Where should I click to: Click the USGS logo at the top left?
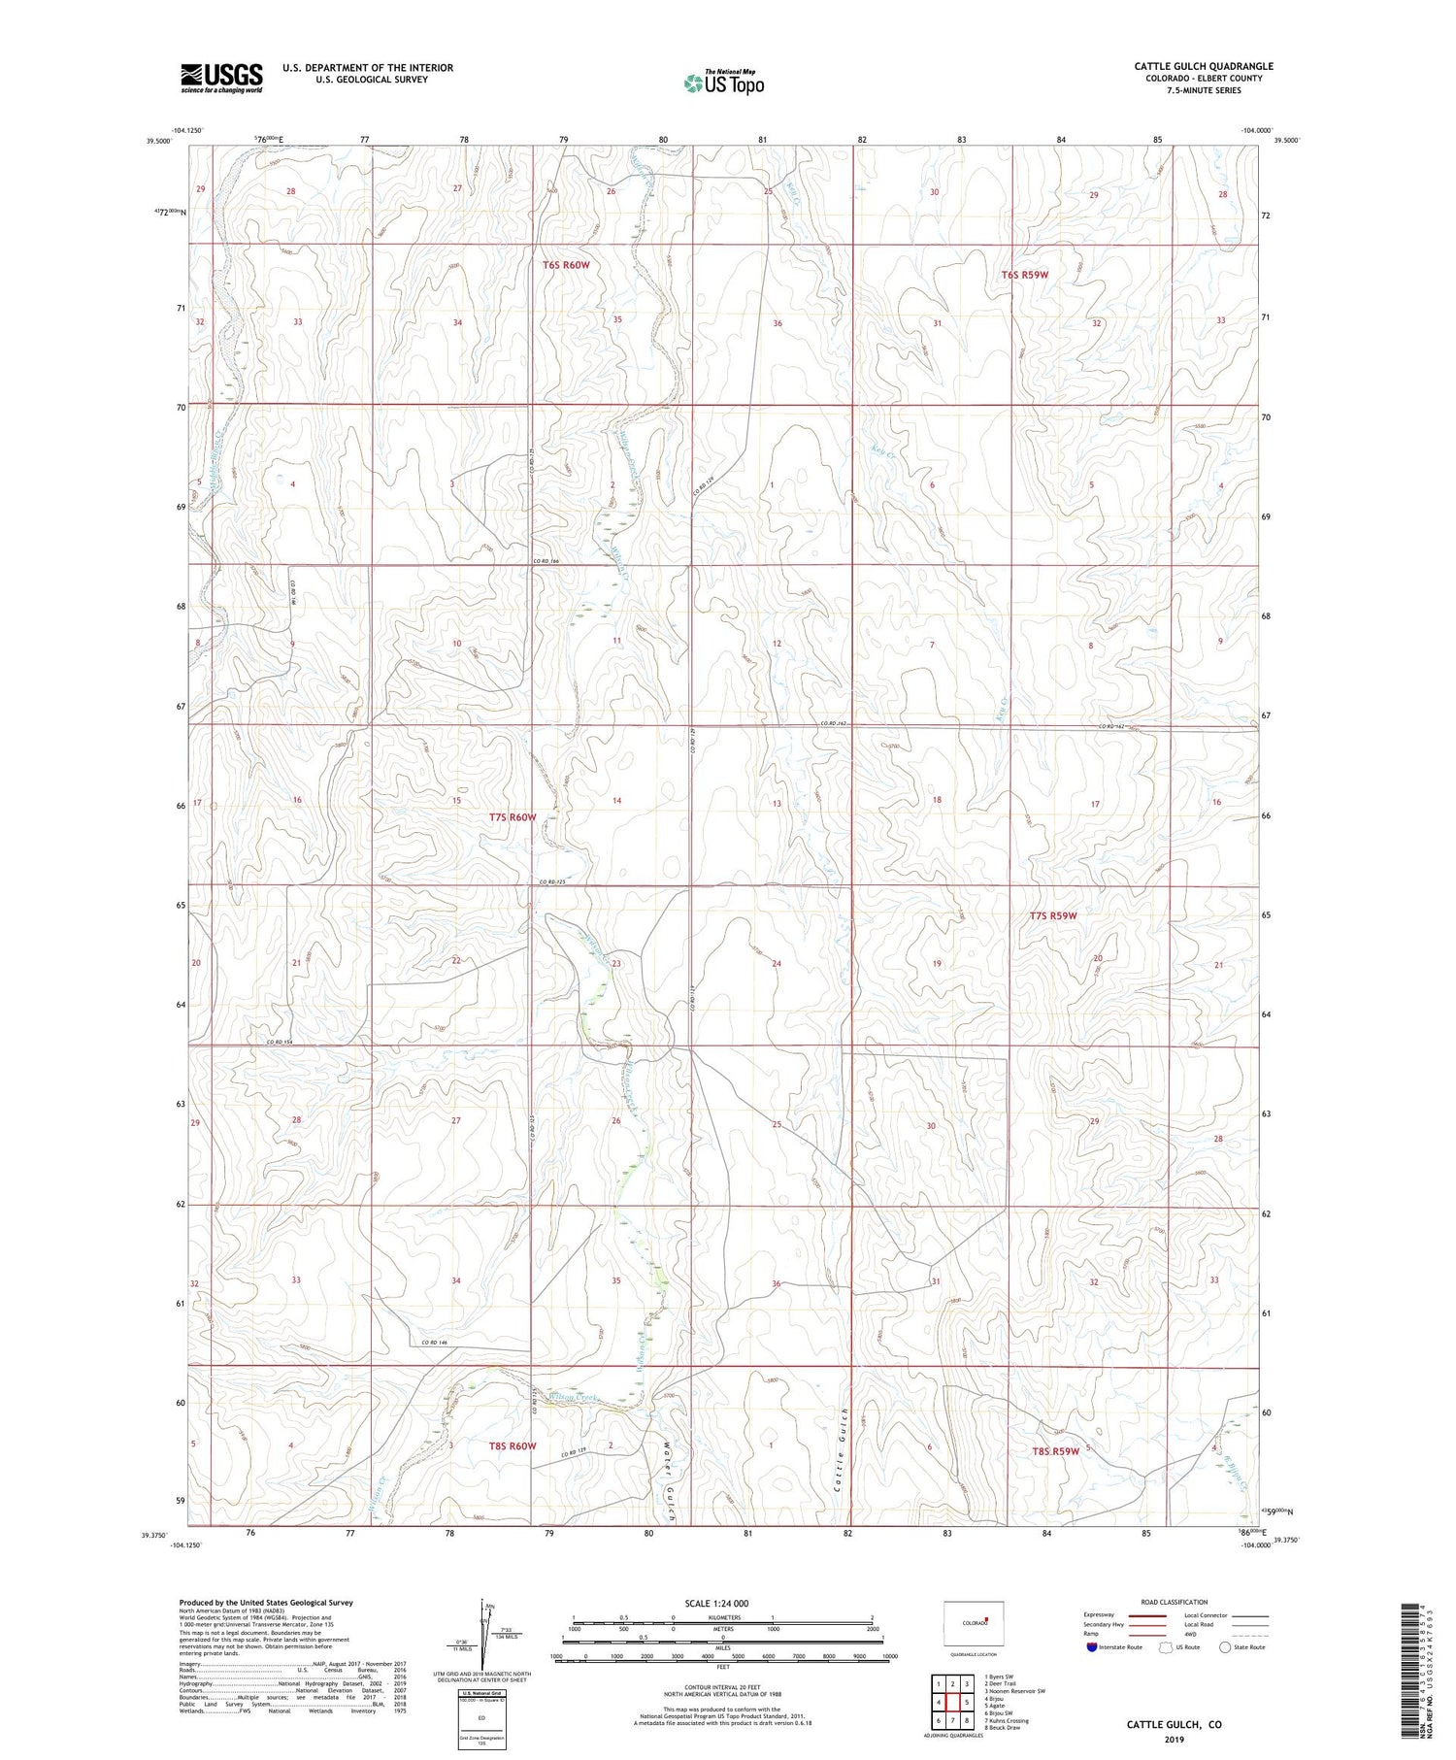221,78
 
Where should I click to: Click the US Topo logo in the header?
723,83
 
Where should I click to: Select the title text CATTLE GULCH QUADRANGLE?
1204,66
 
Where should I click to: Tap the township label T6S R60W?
566,265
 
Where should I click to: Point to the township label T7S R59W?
1053,915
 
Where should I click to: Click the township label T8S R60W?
513,1445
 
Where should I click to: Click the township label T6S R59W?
1025,275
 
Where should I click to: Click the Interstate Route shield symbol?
1092,1647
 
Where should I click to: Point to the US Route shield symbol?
1166,1647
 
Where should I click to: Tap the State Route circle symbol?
1225,1647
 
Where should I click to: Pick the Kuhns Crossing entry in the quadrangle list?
1007,1721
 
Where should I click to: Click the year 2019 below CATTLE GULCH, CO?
1174,1739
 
